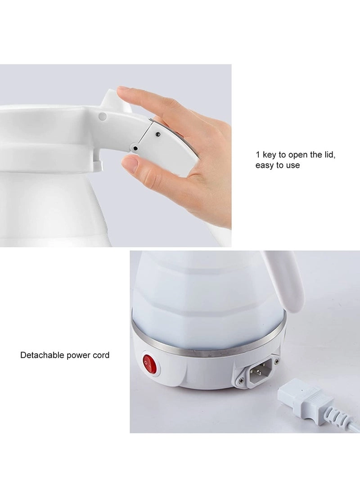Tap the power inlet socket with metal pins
tap(257, 371)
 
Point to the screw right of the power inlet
tap(276, 361)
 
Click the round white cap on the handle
tap(103, 117)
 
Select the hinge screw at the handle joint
tap(134, 148)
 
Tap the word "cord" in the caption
tap(100, 355)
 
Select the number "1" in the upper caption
tap(258, 155)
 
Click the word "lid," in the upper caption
tap(327, 155)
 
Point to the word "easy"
tap(265, 166)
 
